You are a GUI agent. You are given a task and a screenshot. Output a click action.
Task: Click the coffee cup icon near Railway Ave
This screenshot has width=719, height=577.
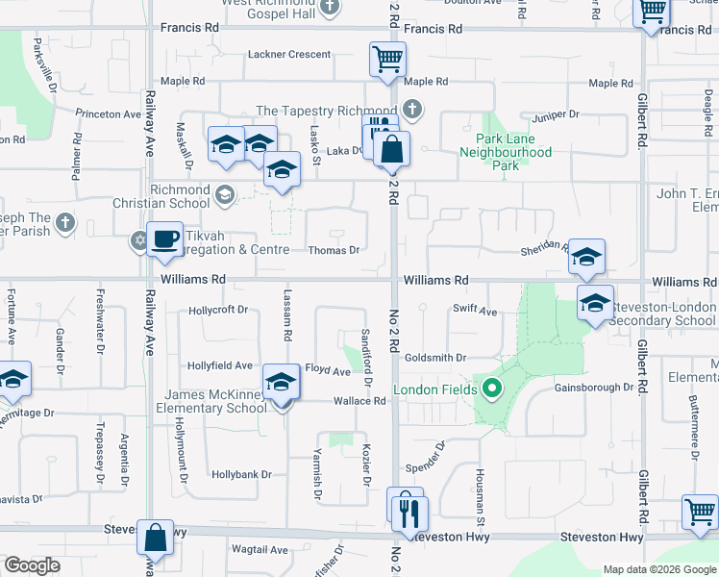click(x=165, y=238)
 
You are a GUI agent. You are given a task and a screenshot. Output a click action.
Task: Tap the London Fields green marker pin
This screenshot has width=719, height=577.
click(x=492, y=389)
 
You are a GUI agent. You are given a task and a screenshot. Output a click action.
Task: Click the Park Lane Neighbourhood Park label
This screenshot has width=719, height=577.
click(x=506, y=152)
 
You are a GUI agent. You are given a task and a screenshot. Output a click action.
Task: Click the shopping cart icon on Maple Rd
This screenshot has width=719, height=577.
click(x=387, y=59)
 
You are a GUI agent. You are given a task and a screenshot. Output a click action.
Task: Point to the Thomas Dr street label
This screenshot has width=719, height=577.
click(x=334, y=250)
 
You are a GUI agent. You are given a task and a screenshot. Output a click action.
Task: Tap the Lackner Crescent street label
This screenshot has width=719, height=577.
click(x=289, y=55)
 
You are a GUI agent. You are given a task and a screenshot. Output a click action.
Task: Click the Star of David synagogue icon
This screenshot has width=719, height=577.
click(x=138, y=238)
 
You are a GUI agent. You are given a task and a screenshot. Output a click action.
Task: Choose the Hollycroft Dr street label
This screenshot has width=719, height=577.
click(x=218, y=310)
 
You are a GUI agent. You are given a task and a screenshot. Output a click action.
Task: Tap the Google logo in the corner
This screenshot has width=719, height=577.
click(x=32, y=565)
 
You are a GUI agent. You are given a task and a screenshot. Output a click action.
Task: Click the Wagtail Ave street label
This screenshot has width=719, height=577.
click(x=260, y=550)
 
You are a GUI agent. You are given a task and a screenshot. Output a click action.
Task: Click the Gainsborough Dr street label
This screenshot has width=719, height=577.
click(x=594, y=388)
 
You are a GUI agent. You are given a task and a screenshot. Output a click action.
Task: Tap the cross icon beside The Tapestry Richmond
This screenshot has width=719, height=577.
click(x=412, y=109)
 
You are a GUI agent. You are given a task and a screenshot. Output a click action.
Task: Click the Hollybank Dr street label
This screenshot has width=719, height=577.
click(x=242, y=474)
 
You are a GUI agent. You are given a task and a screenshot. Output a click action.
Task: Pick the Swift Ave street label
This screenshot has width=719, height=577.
click(x=475, y=311)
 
